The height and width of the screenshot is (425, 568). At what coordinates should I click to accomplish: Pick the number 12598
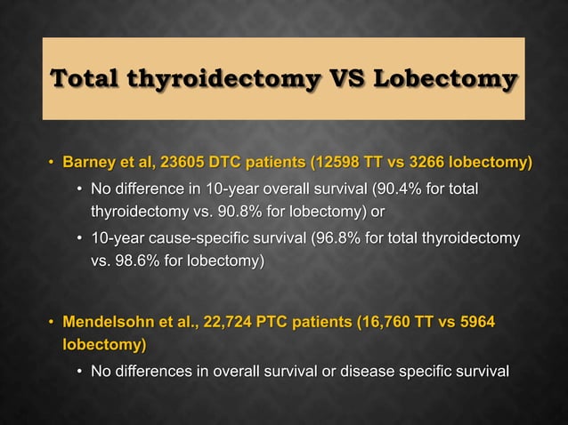(343, 163)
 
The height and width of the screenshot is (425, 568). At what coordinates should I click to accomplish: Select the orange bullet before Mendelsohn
(51, 321)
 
